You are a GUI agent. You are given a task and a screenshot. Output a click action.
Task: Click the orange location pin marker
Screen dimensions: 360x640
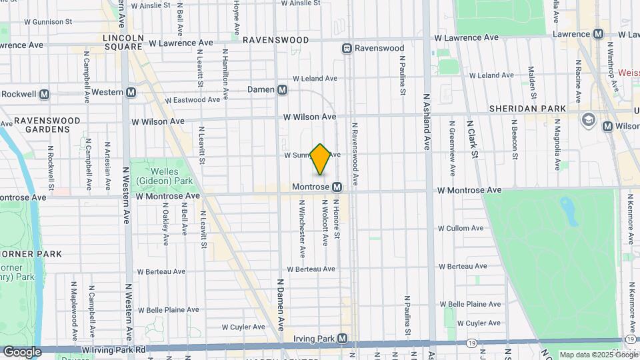click(321, 159)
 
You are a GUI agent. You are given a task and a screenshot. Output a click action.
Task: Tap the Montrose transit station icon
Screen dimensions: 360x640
click(337, 187)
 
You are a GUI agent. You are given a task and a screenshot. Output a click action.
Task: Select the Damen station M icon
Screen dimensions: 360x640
click(283, 89)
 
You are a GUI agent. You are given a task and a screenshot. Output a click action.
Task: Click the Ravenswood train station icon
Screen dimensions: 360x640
click(347, 48)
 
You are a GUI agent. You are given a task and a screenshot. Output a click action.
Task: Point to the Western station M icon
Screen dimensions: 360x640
click(131, 92)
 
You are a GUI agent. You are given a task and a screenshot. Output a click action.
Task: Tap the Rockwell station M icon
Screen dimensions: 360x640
click(45, 94)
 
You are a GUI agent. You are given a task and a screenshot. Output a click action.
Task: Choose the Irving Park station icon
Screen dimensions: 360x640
click(342, 339)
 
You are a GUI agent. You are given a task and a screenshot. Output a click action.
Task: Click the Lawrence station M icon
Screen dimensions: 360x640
click(598, 34)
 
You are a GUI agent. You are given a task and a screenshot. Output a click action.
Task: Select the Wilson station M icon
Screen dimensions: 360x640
click(607, 126)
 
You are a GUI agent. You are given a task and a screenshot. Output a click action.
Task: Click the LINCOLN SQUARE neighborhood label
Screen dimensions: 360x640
click(123, 42)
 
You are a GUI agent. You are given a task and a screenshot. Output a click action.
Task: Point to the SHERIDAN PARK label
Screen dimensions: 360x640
click(527, 109)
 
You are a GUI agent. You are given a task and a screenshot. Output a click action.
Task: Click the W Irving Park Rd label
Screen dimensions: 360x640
click(113, 349)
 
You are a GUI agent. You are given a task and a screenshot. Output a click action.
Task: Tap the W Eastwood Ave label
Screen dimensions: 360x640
click(193, 100)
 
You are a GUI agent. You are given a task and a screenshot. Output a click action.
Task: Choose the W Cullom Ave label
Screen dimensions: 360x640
click(474, 228)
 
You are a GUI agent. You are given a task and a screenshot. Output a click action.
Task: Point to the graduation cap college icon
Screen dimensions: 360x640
click(588, 119)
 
